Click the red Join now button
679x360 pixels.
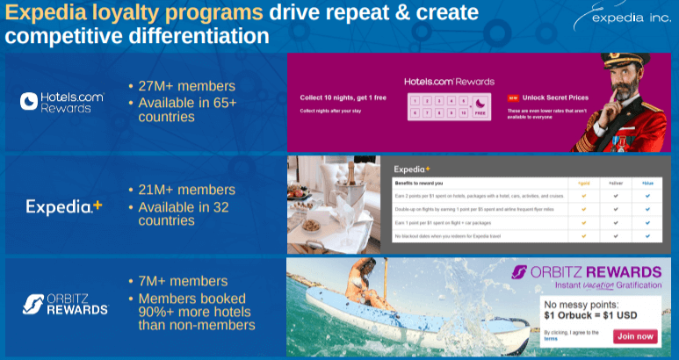pyautogui.click(x=635, y=335)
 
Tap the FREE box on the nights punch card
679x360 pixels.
pyautogui.click(x=480, y=113)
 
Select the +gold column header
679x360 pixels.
pyautogui.click(x=583, y=184)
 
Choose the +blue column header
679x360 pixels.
pyautogui.click(x=646, y=184)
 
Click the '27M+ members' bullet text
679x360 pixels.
pyautogui.click(x=186, y=86)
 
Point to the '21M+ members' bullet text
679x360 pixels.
pyautogui.click(x=186, y=190)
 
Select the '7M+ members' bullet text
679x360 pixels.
pyautogui.click(x=182, y=280)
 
